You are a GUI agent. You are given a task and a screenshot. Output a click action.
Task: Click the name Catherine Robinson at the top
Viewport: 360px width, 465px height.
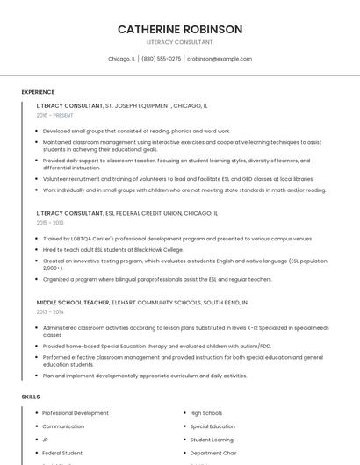(x=180, y=29)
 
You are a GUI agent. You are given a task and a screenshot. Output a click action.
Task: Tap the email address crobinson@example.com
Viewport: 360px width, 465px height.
(x=219, y=59)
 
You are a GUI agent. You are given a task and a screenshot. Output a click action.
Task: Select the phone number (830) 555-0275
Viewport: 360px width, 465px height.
(x=161, y=59)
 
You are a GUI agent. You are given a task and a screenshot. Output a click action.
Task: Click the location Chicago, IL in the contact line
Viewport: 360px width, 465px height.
(x=121, y=59)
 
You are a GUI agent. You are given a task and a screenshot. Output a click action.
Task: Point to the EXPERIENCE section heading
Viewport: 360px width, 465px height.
(x=38, y=92)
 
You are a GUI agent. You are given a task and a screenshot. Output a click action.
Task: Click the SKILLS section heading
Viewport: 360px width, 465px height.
(x=31, y=397)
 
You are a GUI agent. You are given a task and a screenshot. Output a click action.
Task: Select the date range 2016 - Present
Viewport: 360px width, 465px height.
(x=54, y=115)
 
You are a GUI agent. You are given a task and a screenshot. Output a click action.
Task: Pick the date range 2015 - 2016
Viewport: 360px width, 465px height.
(x=50, y=223)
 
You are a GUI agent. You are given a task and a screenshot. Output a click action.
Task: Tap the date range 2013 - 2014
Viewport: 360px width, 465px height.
(x=50, y=311)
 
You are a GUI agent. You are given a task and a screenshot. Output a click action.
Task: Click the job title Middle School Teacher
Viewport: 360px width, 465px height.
(x=73, y=302)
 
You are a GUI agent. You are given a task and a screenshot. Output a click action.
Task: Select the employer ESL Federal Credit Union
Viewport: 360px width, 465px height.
(x=151, y=213)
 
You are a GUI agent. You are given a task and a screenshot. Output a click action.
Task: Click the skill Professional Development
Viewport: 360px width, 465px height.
(x=76, y=413)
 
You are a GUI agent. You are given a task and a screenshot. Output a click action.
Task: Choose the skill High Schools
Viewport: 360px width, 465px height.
(x=206, y=413)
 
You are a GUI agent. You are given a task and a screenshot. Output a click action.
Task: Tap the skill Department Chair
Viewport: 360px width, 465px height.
(x=213, y=453)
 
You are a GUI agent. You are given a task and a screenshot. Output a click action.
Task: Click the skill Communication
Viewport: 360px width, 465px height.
(x=63, y=426)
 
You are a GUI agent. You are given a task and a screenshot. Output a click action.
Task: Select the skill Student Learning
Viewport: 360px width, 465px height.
(x=212, y=440)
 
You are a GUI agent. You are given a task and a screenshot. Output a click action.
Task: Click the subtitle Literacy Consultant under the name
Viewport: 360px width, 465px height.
(x=180, y=42)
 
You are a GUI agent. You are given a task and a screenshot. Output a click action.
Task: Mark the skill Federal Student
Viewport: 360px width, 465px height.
(x=62, y=453)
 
